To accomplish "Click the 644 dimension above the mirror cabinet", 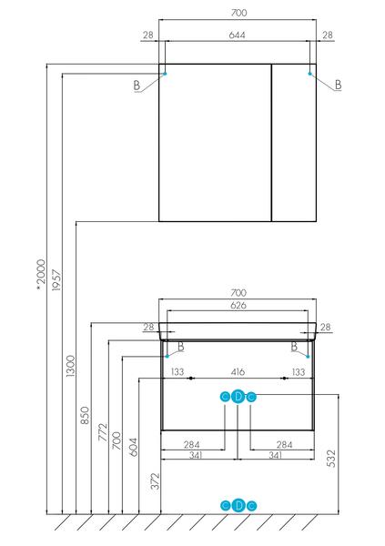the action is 237,35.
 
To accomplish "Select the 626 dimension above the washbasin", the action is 238,305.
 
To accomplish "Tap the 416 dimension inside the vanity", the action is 238,372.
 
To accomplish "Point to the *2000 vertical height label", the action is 41,275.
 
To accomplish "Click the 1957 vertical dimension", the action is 56,279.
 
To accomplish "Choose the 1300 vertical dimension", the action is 70,366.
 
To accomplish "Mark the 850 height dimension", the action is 85,415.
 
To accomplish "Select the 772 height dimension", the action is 103,432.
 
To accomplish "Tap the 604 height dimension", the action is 133,447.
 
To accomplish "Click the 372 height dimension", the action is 155,480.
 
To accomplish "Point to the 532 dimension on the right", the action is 331,459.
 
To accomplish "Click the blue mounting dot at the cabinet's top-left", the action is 165,74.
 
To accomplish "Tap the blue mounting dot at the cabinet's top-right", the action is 309,74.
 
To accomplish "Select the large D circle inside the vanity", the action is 238,397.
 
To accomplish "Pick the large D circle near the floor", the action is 238,506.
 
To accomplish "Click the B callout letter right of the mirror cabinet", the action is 338,85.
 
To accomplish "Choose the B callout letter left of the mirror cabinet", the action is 137,86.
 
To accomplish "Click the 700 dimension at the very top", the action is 239,13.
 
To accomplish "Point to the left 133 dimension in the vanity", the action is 177,372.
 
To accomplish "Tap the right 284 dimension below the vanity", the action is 284,445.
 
